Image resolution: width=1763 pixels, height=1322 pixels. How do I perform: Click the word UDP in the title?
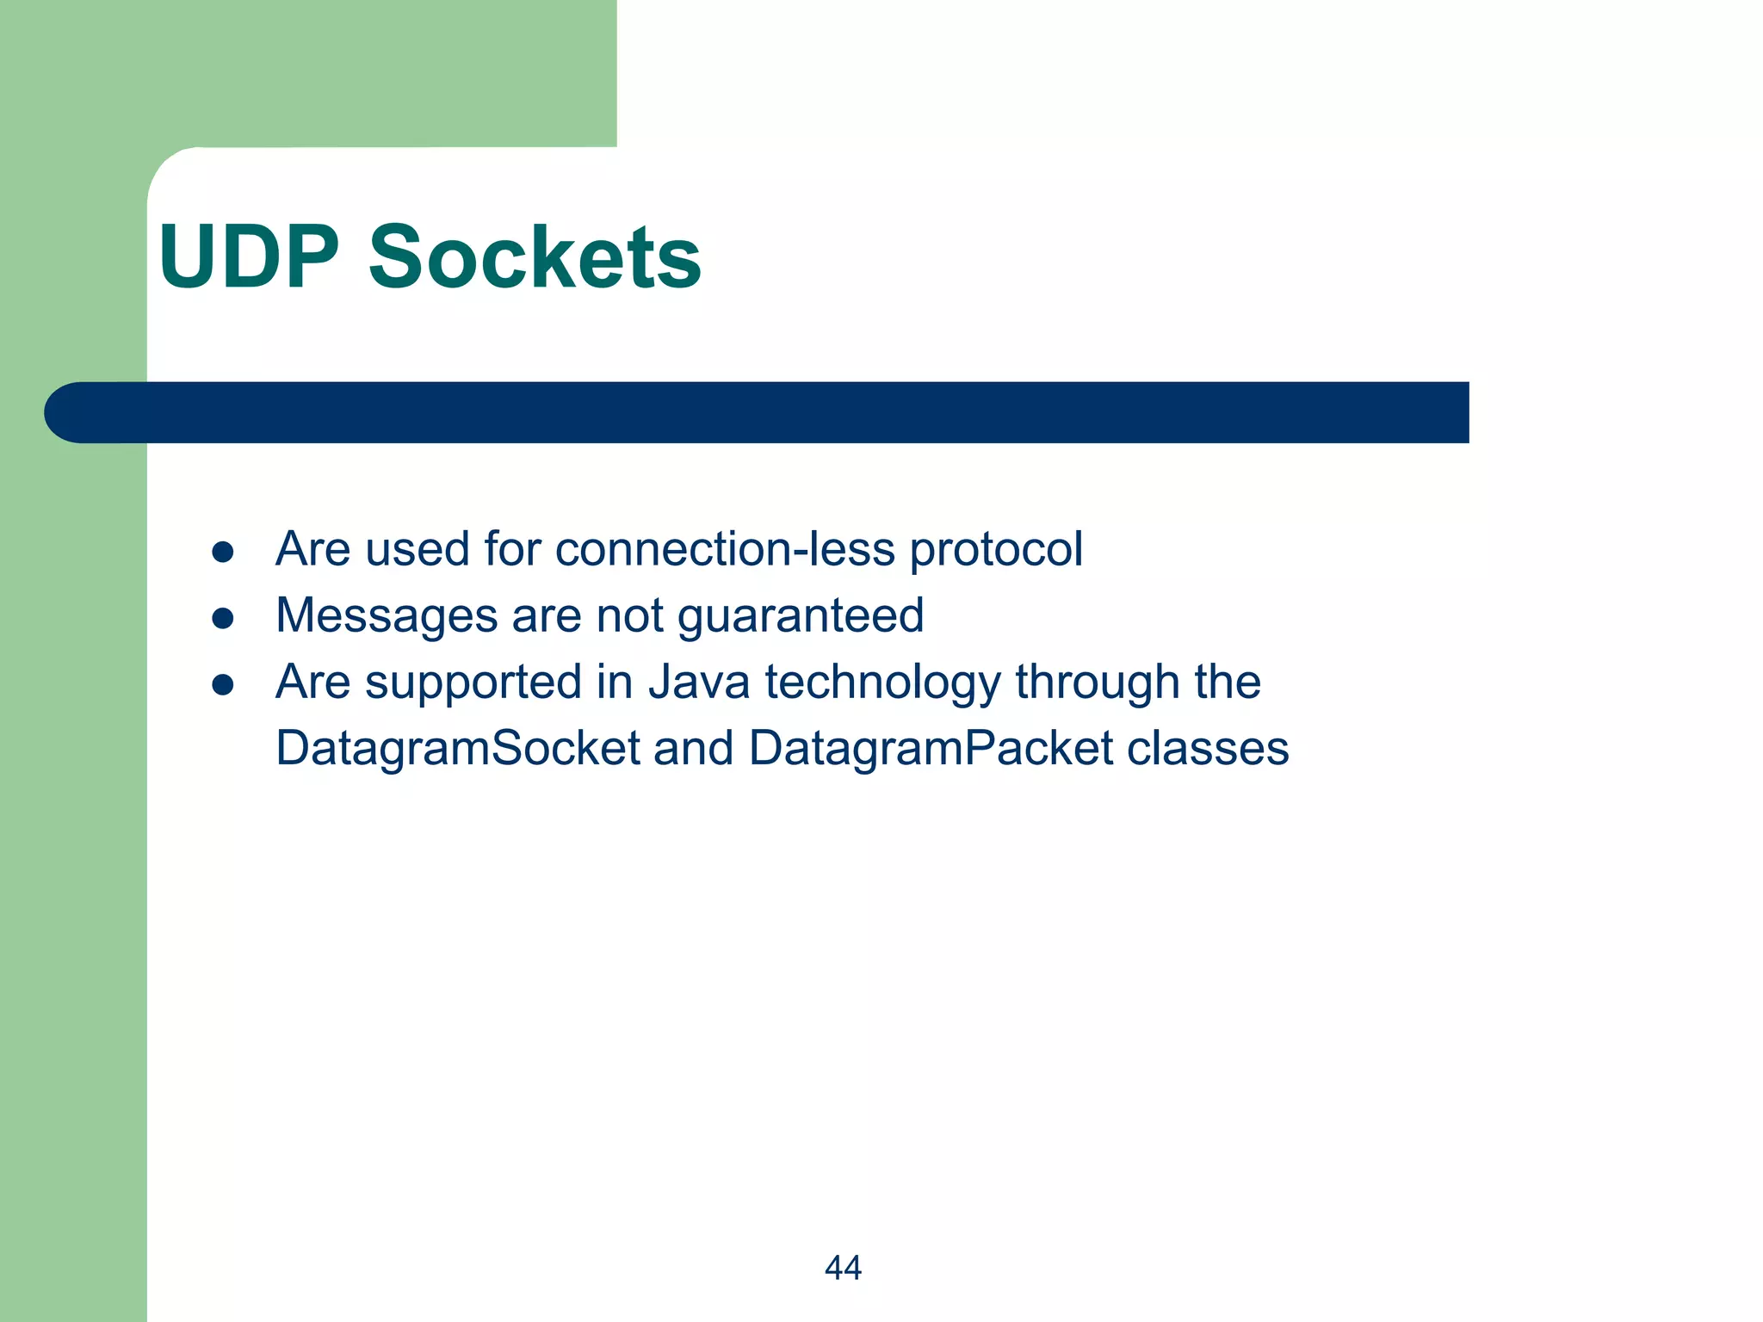250,257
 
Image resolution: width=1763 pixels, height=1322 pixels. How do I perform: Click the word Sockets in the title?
535,257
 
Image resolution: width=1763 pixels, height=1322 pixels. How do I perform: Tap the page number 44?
843,1268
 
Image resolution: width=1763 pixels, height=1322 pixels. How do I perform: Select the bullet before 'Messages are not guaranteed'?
223,618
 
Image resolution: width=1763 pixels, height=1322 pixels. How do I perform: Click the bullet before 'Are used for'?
223,552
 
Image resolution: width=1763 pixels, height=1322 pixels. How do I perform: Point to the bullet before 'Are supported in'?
223,684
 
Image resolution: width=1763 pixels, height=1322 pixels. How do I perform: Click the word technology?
882,683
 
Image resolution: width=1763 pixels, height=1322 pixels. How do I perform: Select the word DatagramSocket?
457,749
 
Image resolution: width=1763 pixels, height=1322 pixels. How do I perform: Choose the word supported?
473,683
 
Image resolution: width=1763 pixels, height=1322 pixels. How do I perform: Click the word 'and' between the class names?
694,748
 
